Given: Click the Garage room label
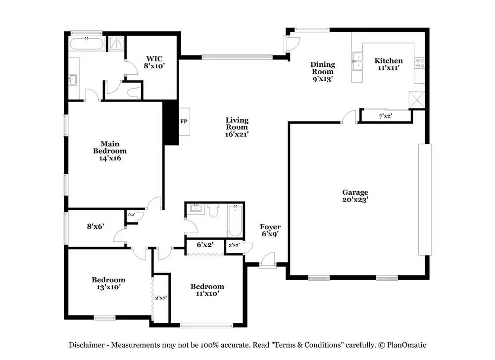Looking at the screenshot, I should (355, 196).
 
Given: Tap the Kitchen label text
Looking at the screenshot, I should (388, 64).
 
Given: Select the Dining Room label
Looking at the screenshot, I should (322, 71).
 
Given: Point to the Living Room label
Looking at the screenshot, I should (237, 127).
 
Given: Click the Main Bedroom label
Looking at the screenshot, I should (110, 151).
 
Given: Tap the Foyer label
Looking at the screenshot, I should (270, 231).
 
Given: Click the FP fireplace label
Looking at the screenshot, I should (183, 121).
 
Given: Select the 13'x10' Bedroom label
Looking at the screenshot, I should (108, 283).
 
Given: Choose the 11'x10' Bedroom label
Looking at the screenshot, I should (207, 290).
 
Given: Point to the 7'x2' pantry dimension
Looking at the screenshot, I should (386, 116).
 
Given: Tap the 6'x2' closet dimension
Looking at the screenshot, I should (205, 245).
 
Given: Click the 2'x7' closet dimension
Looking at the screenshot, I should (161, 298).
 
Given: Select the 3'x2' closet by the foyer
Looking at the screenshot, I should (234, 245).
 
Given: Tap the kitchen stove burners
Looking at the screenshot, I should (420, 63).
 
